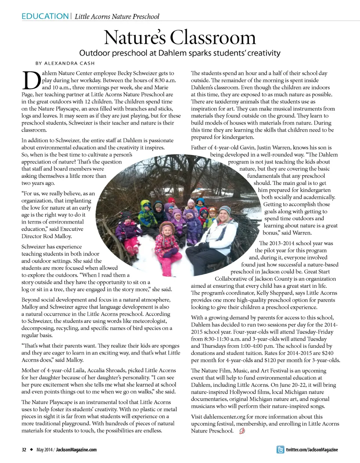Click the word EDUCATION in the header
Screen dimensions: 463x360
coord(45,16)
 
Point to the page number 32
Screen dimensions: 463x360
coord(24,449)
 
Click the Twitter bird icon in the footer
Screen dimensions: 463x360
coord(280,449)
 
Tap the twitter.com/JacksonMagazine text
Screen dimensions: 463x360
coord(312,449)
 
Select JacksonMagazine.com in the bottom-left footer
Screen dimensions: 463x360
coord(76,449)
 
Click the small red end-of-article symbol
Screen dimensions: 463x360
coord(242,431)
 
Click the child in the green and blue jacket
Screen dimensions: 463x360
coord(147,214)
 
